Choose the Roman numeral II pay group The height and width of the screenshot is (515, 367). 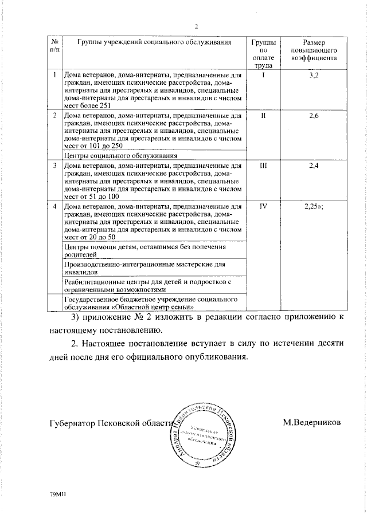point(263,116)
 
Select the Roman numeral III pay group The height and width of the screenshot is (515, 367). point(263,166)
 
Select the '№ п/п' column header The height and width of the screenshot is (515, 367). point(54,46)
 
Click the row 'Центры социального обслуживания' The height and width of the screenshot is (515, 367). point(120,155)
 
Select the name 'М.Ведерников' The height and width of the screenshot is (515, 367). point(311,422)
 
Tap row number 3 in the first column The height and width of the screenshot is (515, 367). point(54,166)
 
